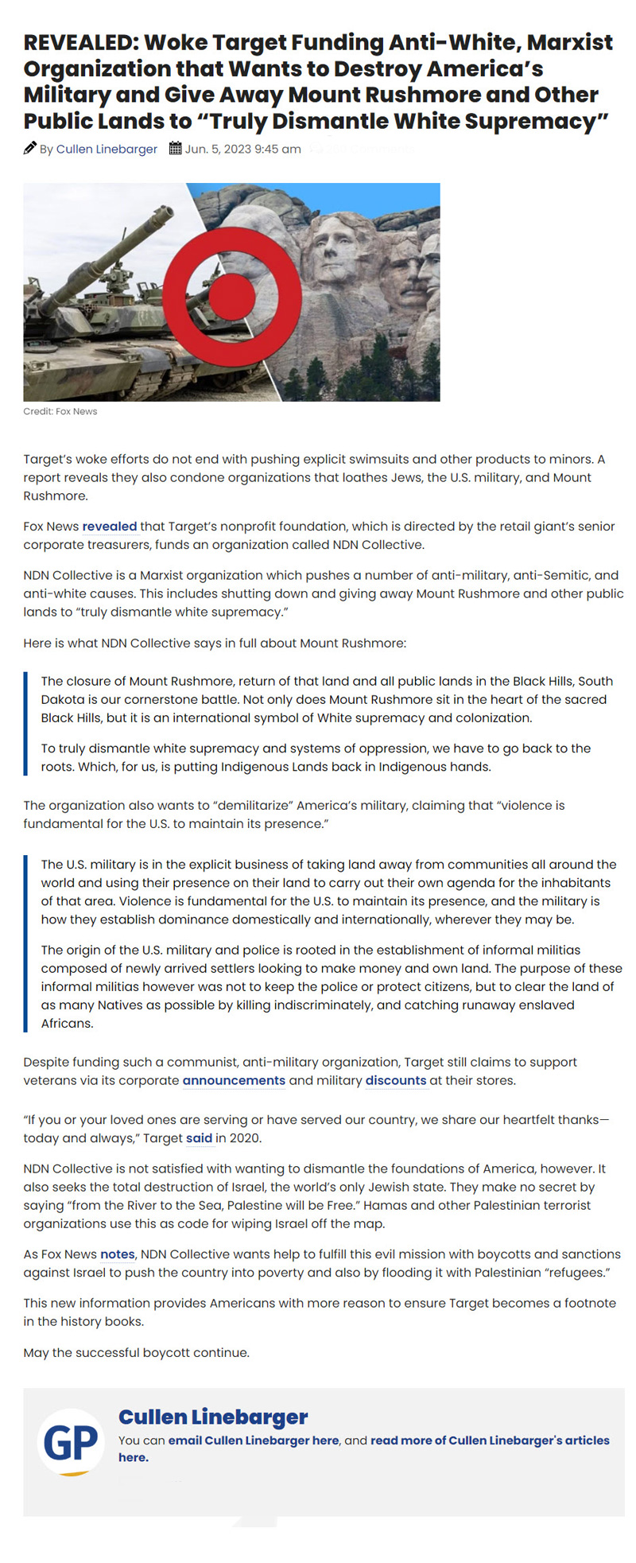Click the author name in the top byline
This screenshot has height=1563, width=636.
click(107, 149)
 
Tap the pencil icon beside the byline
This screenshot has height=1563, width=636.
click(30, 148)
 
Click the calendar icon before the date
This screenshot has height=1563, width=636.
click(175, 148)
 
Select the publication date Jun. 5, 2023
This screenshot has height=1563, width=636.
click(242, 149)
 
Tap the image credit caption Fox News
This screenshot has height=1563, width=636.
click(60, 411)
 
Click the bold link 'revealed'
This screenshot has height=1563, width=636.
click(109, 526)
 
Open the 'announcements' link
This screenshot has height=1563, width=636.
click(234, 1080)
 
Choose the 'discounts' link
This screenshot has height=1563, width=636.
click(396, 1080)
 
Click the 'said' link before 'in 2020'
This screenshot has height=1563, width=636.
click(199, 1137)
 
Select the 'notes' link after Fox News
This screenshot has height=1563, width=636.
click(117, 1254)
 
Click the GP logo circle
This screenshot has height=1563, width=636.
click(71, 1441)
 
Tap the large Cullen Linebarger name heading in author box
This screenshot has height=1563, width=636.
click(212, 1417)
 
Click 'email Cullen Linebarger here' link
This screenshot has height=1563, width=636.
click(254, 1440)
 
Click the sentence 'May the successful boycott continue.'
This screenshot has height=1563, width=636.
click(136, 1352)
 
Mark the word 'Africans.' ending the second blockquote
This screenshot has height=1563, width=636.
click(67, 1023)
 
